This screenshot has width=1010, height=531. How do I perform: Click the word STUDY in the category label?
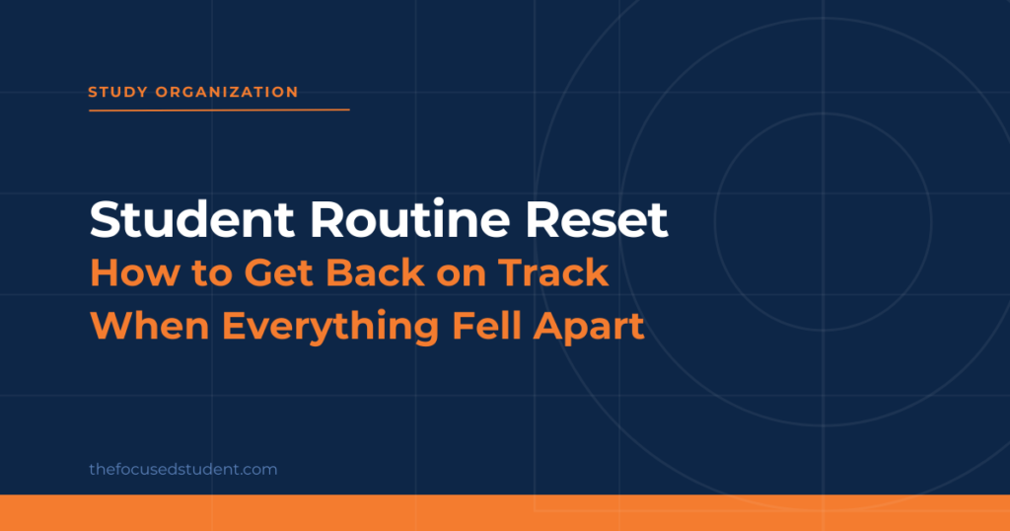(118, 92)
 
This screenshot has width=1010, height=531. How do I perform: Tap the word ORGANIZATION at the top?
(227, 92)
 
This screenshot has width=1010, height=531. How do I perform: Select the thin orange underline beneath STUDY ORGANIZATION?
(219, 111)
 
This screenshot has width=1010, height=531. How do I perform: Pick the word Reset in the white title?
(597, 220)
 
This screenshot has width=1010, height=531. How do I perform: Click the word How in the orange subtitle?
(135, 272)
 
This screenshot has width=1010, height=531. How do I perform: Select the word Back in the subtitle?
(375, 272)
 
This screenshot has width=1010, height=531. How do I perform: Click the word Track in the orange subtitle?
(553, 272)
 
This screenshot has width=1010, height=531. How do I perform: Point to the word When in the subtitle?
(150, 326)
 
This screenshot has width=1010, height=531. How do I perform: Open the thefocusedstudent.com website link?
(182, 469)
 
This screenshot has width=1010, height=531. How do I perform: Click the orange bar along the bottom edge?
(505, 513)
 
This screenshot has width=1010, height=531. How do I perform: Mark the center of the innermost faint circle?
(823, 222)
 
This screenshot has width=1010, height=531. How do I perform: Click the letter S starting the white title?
(104, 220)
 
